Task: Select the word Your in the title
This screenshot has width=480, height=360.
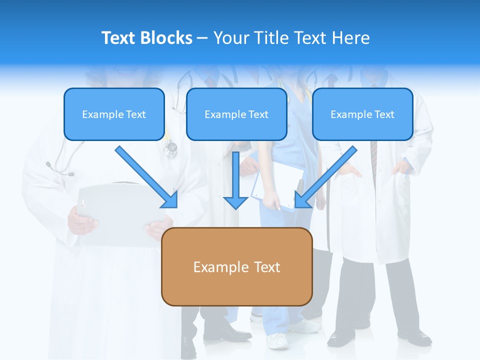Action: click(232, 38)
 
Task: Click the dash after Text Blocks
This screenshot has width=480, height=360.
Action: click(202, 38)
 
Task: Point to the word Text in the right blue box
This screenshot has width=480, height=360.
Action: click(384, 114)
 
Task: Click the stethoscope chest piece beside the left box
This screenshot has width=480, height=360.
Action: click(171, 147)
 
